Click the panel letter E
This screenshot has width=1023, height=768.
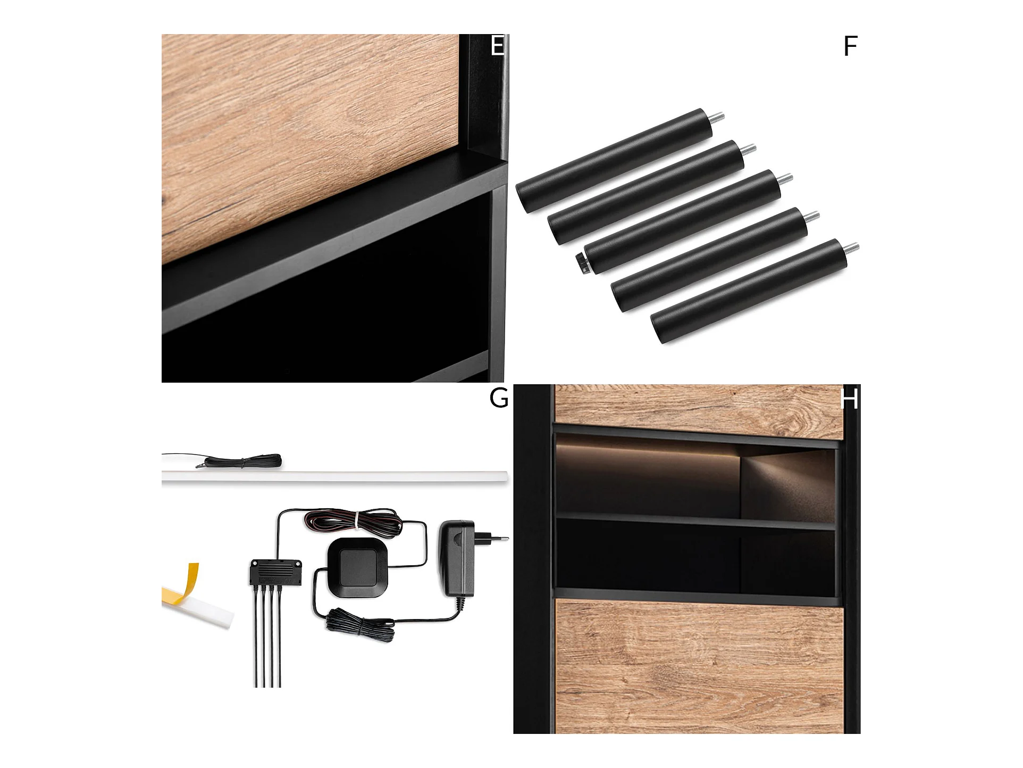click(498, 46)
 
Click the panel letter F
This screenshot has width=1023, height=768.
click(851, 46)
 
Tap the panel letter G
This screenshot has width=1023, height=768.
click(499, 398)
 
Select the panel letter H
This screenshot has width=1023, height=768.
click(850, 399)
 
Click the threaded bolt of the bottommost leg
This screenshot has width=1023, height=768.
click(852, 247)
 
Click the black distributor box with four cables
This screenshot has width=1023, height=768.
click(276, 572)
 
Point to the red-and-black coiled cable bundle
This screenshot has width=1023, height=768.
click(353, 521)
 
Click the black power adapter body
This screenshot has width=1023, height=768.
click(456, 558)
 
